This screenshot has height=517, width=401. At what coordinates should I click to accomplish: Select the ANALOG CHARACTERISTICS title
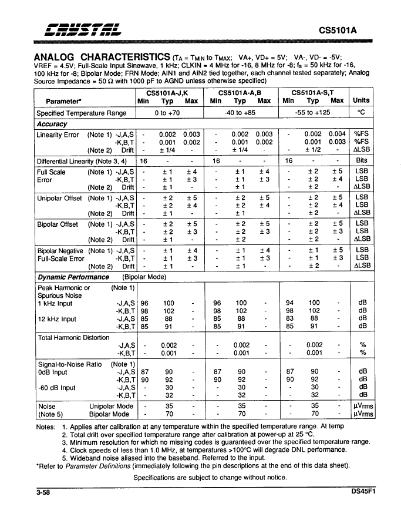[103, 56]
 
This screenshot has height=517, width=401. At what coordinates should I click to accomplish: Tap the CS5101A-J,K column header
[167, 93]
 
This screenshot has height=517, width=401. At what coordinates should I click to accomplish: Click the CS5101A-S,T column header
[314, 93]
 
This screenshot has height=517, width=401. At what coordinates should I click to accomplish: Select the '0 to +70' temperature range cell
[167, 113]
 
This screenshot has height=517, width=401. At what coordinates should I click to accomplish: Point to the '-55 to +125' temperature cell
[314, 113]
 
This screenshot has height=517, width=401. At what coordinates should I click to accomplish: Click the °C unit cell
[361, 113]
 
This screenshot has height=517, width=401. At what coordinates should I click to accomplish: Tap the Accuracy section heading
[52, 124]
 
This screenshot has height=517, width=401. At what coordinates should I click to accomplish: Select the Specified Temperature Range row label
[81, 113]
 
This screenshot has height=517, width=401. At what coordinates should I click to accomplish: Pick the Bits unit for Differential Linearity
[361, 160]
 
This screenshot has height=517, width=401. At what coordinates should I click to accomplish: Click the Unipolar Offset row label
[59, 198]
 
